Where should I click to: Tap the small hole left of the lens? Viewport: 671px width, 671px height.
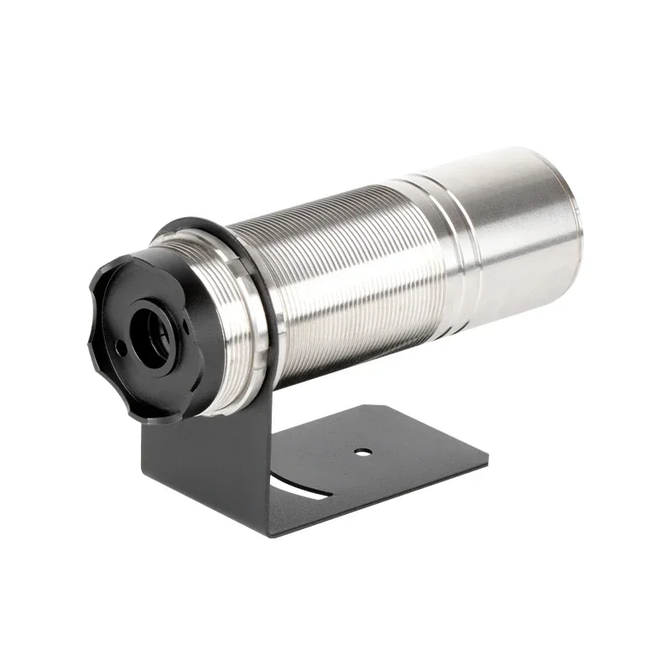[122, 345]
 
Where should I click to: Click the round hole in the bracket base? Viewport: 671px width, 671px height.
[362, 452]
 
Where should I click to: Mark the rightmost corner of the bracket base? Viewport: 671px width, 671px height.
[487, 458]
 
